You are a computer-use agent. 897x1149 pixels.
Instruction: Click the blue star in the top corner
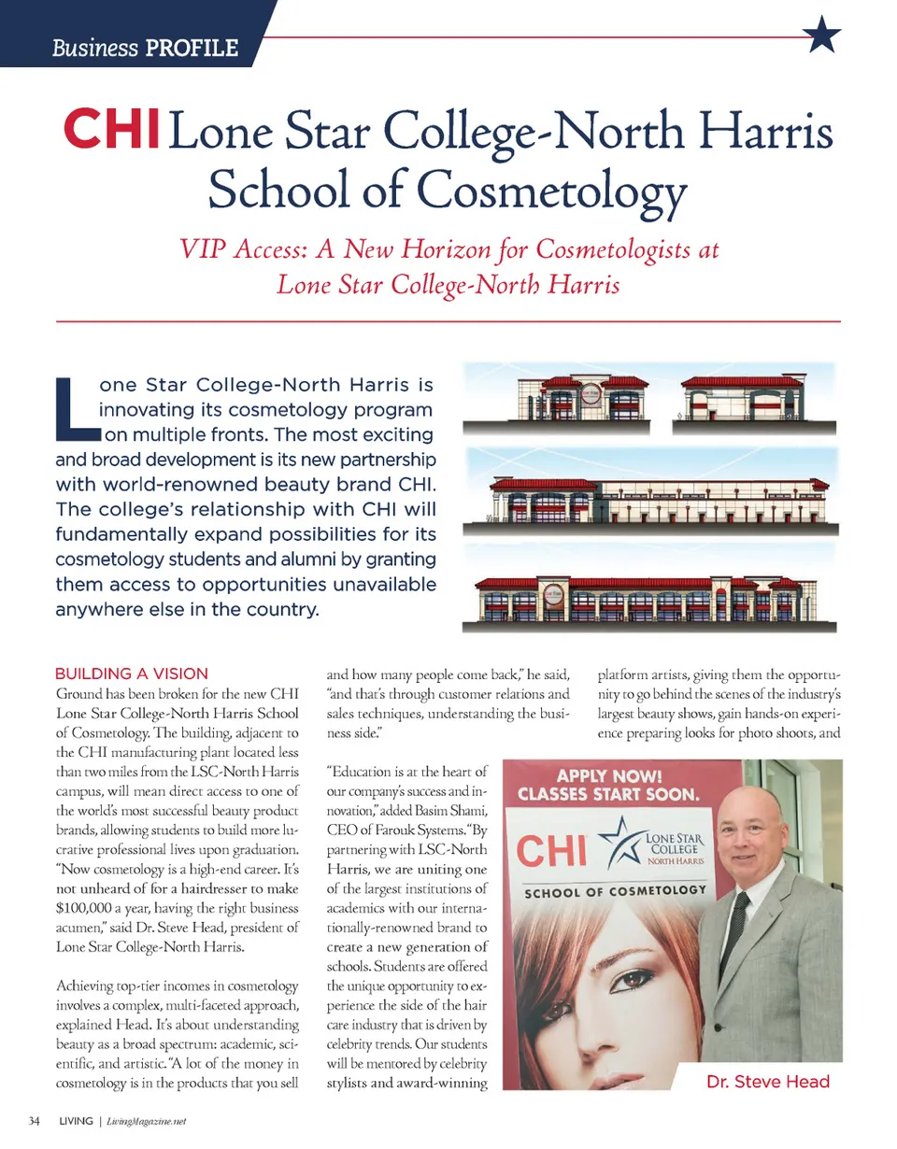pyautogui.click(x=821, y=35)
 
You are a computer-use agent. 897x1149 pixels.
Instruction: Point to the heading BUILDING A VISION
pyautogui.click(x=138, y=673)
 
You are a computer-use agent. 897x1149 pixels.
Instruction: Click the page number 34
pyautogui.click(x=36, y=1121)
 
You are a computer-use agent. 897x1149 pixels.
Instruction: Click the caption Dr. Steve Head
pyautogui.click(x=768, y=1083)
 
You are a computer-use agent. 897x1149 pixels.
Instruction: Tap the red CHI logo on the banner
pyautogui.click(x=557, y=851)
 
